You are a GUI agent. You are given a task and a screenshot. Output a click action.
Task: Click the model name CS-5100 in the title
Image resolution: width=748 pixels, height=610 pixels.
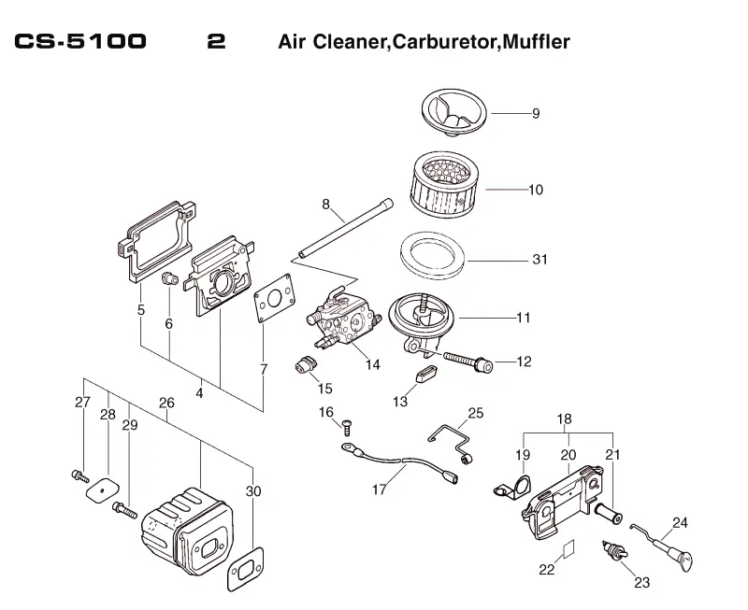click(80, 41)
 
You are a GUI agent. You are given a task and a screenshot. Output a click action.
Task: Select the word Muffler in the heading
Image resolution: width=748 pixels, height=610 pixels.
click(536, 41)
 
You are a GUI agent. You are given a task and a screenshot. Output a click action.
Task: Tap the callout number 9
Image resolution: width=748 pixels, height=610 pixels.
click(536, 114)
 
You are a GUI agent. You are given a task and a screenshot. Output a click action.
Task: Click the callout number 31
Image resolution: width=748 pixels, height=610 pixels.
click(539, 260)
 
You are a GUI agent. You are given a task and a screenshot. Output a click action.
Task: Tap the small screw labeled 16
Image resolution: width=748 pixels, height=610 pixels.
click(347, 427)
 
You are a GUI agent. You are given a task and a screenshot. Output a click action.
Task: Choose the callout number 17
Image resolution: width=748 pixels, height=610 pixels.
click(379, 489)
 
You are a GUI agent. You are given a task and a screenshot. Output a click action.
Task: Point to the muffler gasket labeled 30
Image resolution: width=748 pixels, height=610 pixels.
click(246, 569)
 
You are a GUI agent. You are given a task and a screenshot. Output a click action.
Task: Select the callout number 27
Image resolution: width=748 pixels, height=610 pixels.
click(82, 403)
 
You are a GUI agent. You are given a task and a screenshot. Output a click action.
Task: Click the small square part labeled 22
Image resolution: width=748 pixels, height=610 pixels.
click(568, 548)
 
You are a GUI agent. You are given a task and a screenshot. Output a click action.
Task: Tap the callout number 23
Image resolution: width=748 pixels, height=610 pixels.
click(642, 582)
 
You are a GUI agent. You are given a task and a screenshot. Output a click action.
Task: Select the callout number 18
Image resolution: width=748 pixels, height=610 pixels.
click(564, 418)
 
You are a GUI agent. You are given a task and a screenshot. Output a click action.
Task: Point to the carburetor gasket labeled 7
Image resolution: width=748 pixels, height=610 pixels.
click(274, 298)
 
